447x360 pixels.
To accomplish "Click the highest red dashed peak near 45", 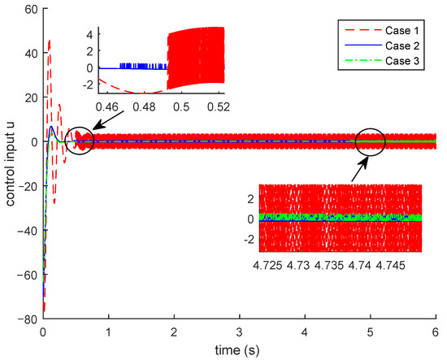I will point(50,40).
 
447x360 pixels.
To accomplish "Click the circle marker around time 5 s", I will point(370,141).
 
